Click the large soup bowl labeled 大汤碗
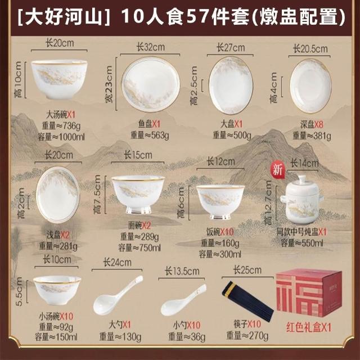point(59,79)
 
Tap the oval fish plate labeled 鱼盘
point(151,84)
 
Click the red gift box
point(309,292)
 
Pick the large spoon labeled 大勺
point(118,295)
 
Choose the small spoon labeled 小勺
point(183,300)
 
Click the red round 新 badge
point(278,169)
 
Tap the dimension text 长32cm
point(151,47)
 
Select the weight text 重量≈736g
point(61,125)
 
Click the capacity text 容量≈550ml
point(302,242)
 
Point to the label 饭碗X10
point(220,232)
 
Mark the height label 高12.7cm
point(268,202)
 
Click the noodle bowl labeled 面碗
point(138,195)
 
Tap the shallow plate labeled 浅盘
point(57,195)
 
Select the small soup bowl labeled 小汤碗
point(57,290)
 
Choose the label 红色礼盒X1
point(309,327)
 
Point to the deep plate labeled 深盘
point(310,86)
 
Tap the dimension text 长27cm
point(231,48)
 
